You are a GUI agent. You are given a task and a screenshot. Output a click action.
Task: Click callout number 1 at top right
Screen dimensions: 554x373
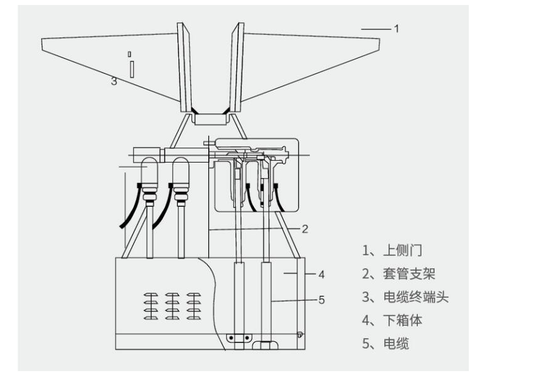[397, 29]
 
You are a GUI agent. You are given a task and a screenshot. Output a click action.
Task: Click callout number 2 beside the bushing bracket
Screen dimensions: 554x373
[305, 229]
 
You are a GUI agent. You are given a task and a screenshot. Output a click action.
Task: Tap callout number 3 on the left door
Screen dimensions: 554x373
[114, 82]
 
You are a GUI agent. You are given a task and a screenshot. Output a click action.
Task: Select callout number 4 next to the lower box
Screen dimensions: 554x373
[321, 274]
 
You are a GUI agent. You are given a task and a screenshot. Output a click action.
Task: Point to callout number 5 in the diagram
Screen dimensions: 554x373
[321, 300]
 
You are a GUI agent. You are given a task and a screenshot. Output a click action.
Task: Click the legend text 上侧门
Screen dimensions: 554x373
[402, 250]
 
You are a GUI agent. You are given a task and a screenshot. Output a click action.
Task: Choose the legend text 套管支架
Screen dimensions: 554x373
[409, 274]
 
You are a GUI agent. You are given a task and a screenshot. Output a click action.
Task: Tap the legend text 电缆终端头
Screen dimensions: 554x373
[416, 297]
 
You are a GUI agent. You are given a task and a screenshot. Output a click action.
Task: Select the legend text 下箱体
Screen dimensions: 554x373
[403, 320]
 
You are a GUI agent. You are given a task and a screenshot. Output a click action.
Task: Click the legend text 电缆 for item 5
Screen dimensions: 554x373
[396, 344]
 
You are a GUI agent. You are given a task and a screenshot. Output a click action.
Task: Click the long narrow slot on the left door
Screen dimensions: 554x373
[132, 69]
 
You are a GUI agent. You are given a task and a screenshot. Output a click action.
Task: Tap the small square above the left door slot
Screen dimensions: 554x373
[130, 54]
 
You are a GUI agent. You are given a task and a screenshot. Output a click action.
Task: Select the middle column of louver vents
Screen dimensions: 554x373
[172, 306]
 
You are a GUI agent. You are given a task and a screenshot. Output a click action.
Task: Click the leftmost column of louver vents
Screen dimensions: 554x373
[151, 306]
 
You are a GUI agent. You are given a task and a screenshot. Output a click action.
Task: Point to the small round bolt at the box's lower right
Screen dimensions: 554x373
[300, 334]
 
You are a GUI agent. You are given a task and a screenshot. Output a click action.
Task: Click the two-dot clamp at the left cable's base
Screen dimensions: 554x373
[239, 338]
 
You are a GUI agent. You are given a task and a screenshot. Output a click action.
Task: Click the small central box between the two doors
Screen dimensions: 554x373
[211, 119]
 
